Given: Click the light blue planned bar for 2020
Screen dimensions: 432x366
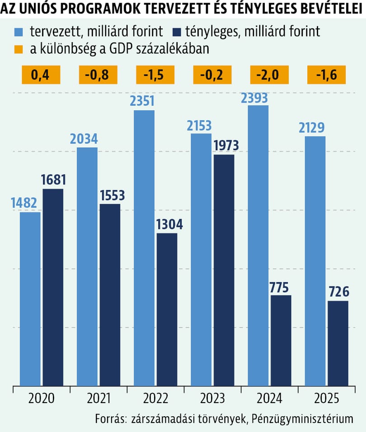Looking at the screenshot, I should [30, 298].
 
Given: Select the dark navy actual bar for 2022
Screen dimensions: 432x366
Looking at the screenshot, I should [167, 309].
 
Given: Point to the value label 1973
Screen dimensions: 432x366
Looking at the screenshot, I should [224, 146].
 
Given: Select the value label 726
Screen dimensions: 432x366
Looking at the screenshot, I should [338, 293].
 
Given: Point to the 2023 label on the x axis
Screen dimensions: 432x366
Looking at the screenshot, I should [212, 398].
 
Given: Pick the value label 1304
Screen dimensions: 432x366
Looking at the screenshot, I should [167, 225].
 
